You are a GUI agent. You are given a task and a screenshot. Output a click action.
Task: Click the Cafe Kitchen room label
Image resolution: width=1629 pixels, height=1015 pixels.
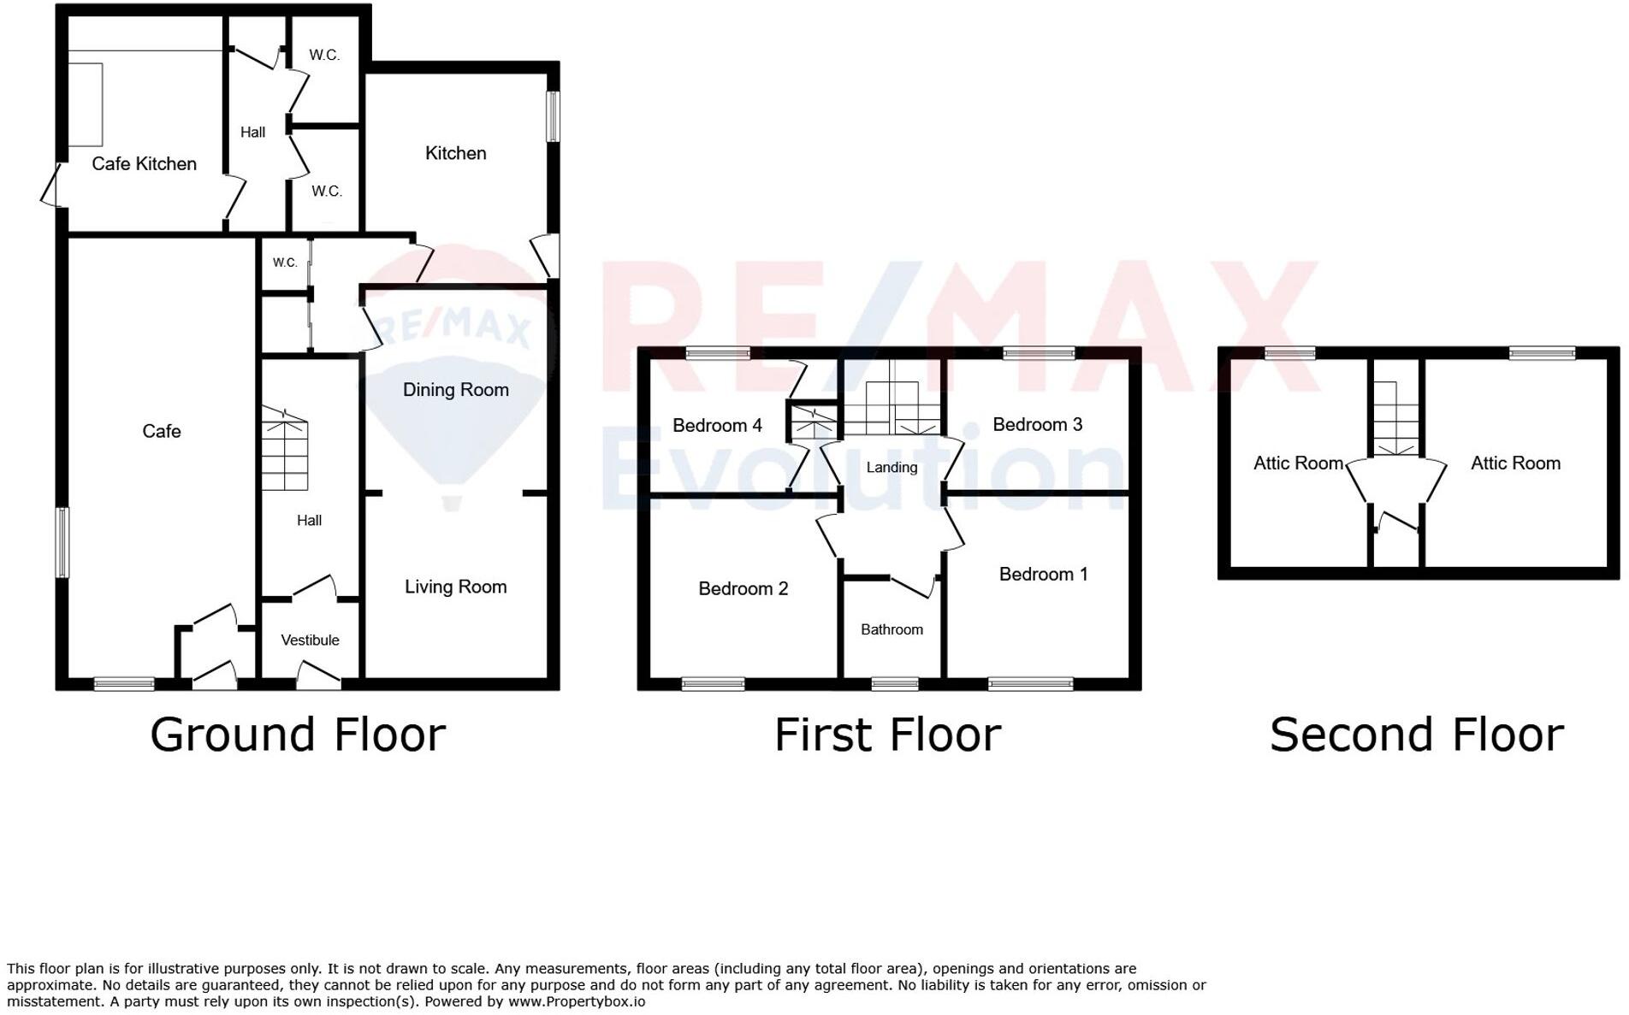pyautogui.click(x=144, y=163)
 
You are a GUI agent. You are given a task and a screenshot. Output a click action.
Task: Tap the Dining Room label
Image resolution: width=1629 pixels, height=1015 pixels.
pyautogui.click(x=455, y=390)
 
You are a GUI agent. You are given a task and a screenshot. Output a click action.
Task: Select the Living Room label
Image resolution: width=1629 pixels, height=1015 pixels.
pyautogui.click(x=455, y=587)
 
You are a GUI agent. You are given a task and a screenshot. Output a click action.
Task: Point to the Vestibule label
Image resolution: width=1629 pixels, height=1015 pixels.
pyautogui.click(x=310, y=640)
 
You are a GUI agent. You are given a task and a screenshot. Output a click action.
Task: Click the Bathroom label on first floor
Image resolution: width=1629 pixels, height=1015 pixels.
pyautogui.click(x=892, y=629)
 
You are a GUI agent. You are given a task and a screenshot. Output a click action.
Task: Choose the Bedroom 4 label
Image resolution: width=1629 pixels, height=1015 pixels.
pyautogui.click(x=717, y=425)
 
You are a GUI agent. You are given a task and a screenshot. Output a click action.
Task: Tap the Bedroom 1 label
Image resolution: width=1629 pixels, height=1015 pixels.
pyautogui.click(x=1043, y=574)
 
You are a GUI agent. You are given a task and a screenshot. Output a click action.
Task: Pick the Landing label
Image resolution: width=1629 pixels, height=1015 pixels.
pyautogui.click(x=892, y=467)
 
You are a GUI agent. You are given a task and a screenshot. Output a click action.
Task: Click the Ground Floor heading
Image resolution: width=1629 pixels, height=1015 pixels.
pyautogui.click(x=298, y=735)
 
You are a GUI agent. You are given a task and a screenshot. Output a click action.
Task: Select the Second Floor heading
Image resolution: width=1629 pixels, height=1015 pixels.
pyautogui.click(x=1416, y=735)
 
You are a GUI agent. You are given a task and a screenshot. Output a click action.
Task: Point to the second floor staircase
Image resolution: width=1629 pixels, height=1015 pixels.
pyautogui.click(x=1396, y=419)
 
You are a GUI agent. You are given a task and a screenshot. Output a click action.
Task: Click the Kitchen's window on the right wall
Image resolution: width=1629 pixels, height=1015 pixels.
pyautogui.click(x=554, y=115)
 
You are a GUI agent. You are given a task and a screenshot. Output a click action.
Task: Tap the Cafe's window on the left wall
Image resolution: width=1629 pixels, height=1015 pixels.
pyautogui.click(x=62, y=542)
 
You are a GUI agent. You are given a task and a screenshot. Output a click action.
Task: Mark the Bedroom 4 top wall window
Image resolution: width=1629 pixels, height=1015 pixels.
pyautogui.click(x=719, y=352)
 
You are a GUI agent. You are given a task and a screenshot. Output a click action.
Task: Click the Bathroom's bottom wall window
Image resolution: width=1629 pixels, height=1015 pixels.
pyautogui.click(x=894, y=683)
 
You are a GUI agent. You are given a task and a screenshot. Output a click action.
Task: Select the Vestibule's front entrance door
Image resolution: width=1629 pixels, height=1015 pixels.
pyautogui.click(x=318, y=678)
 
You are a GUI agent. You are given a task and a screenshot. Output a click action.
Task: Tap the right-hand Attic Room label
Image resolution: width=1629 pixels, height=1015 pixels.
pyautogui.click(x=1515, y=463)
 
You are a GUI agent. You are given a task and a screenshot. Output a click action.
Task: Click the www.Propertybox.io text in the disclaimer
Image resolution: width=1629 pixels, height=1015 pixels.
pyautogui.click(x=577, y=1001)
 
